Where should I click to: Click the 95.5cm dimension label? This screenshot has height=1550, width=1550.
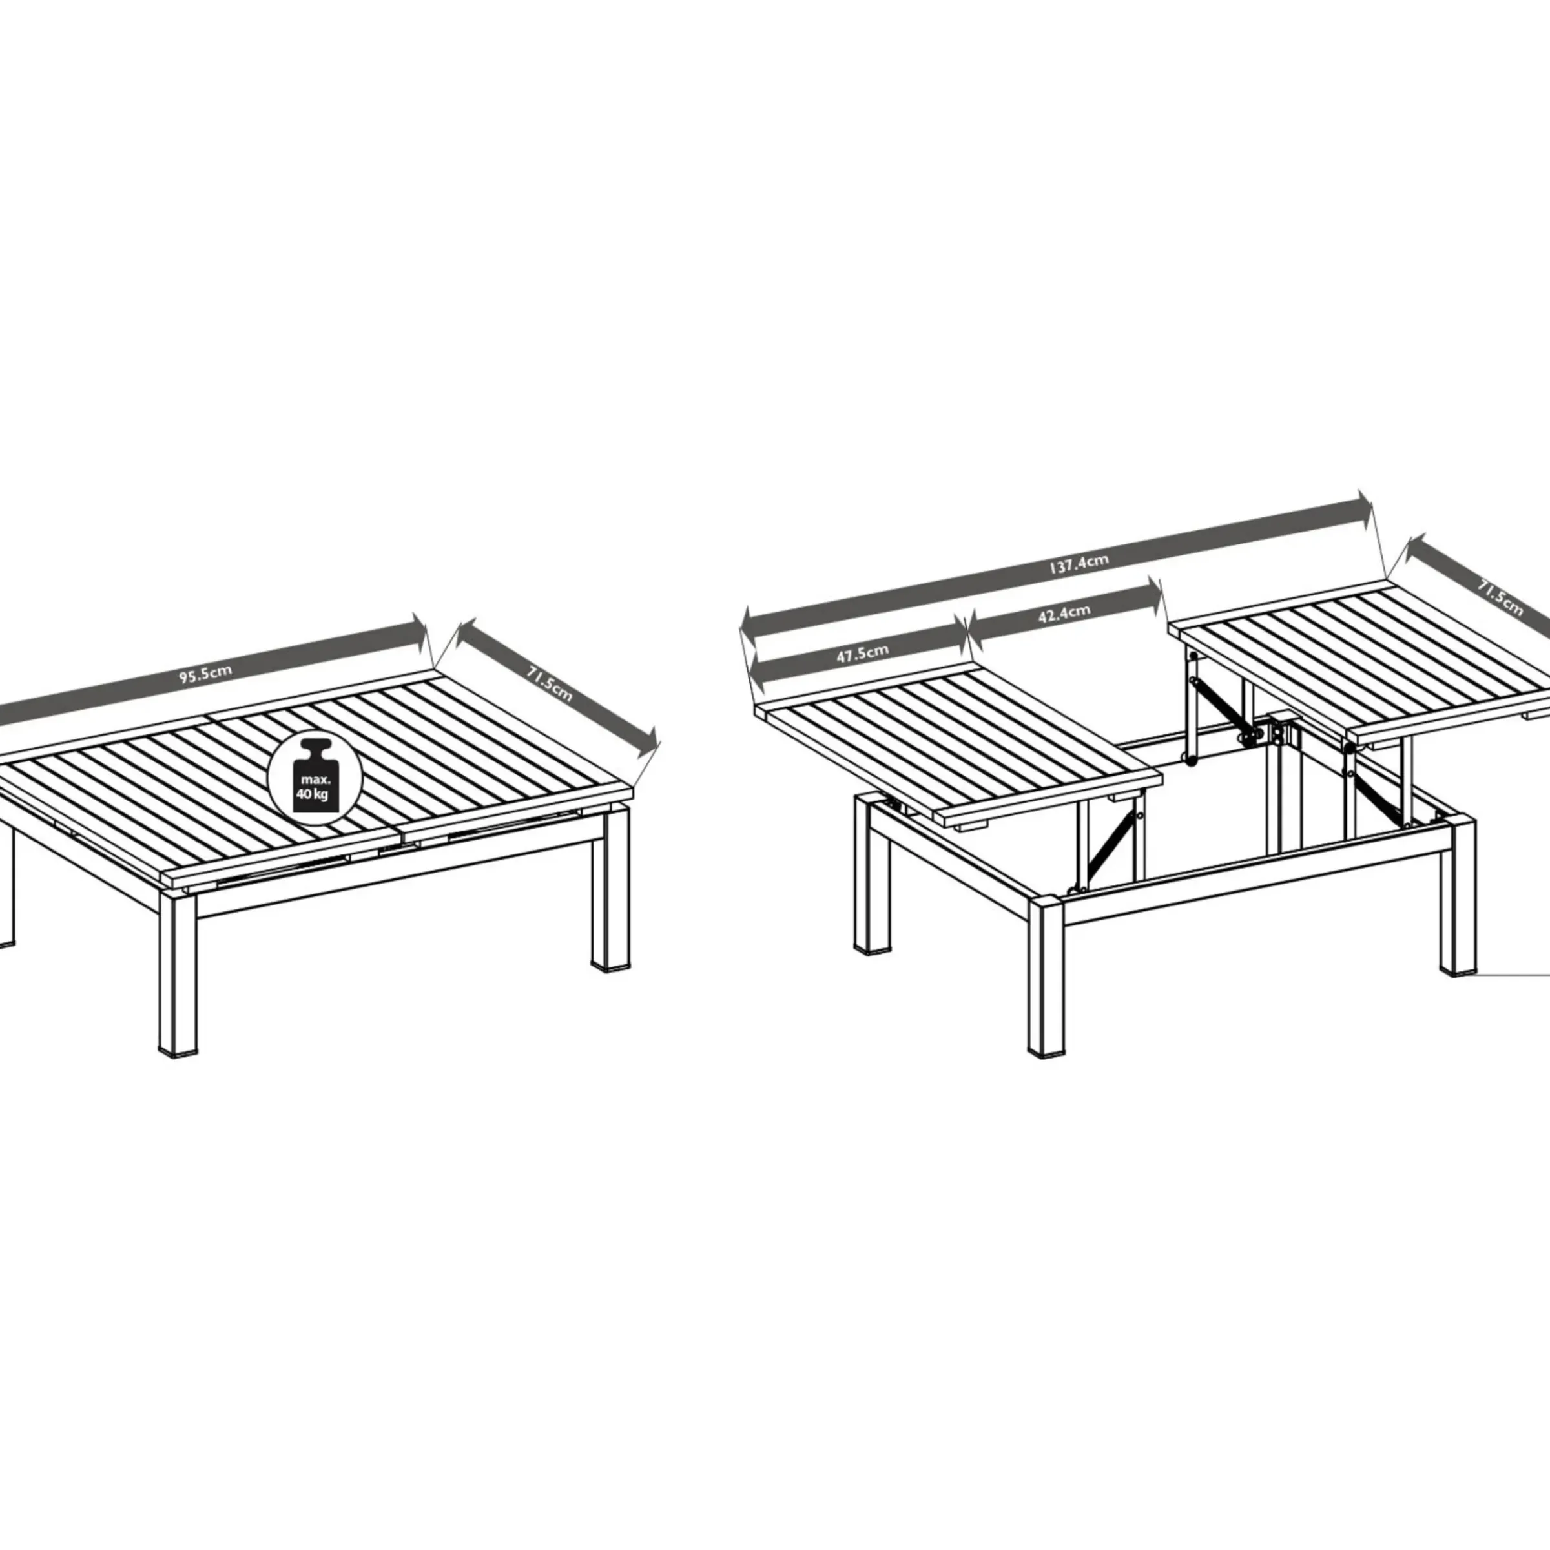click(205, 673)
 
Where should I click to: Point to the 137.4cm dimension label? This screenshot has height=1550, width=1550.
click(1079, 563)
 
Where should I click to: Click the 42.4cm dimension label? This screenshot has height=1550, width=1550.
click(1064, 614)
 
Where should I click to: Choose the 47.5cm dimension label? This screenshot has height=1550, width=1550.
click(862, 653)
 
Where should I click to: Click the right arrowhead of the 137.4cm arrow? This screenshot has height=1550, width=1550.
click(1363, 510)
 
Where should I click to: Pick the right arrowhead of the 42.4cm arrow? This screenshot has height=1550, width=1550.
click(1153, 596)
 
